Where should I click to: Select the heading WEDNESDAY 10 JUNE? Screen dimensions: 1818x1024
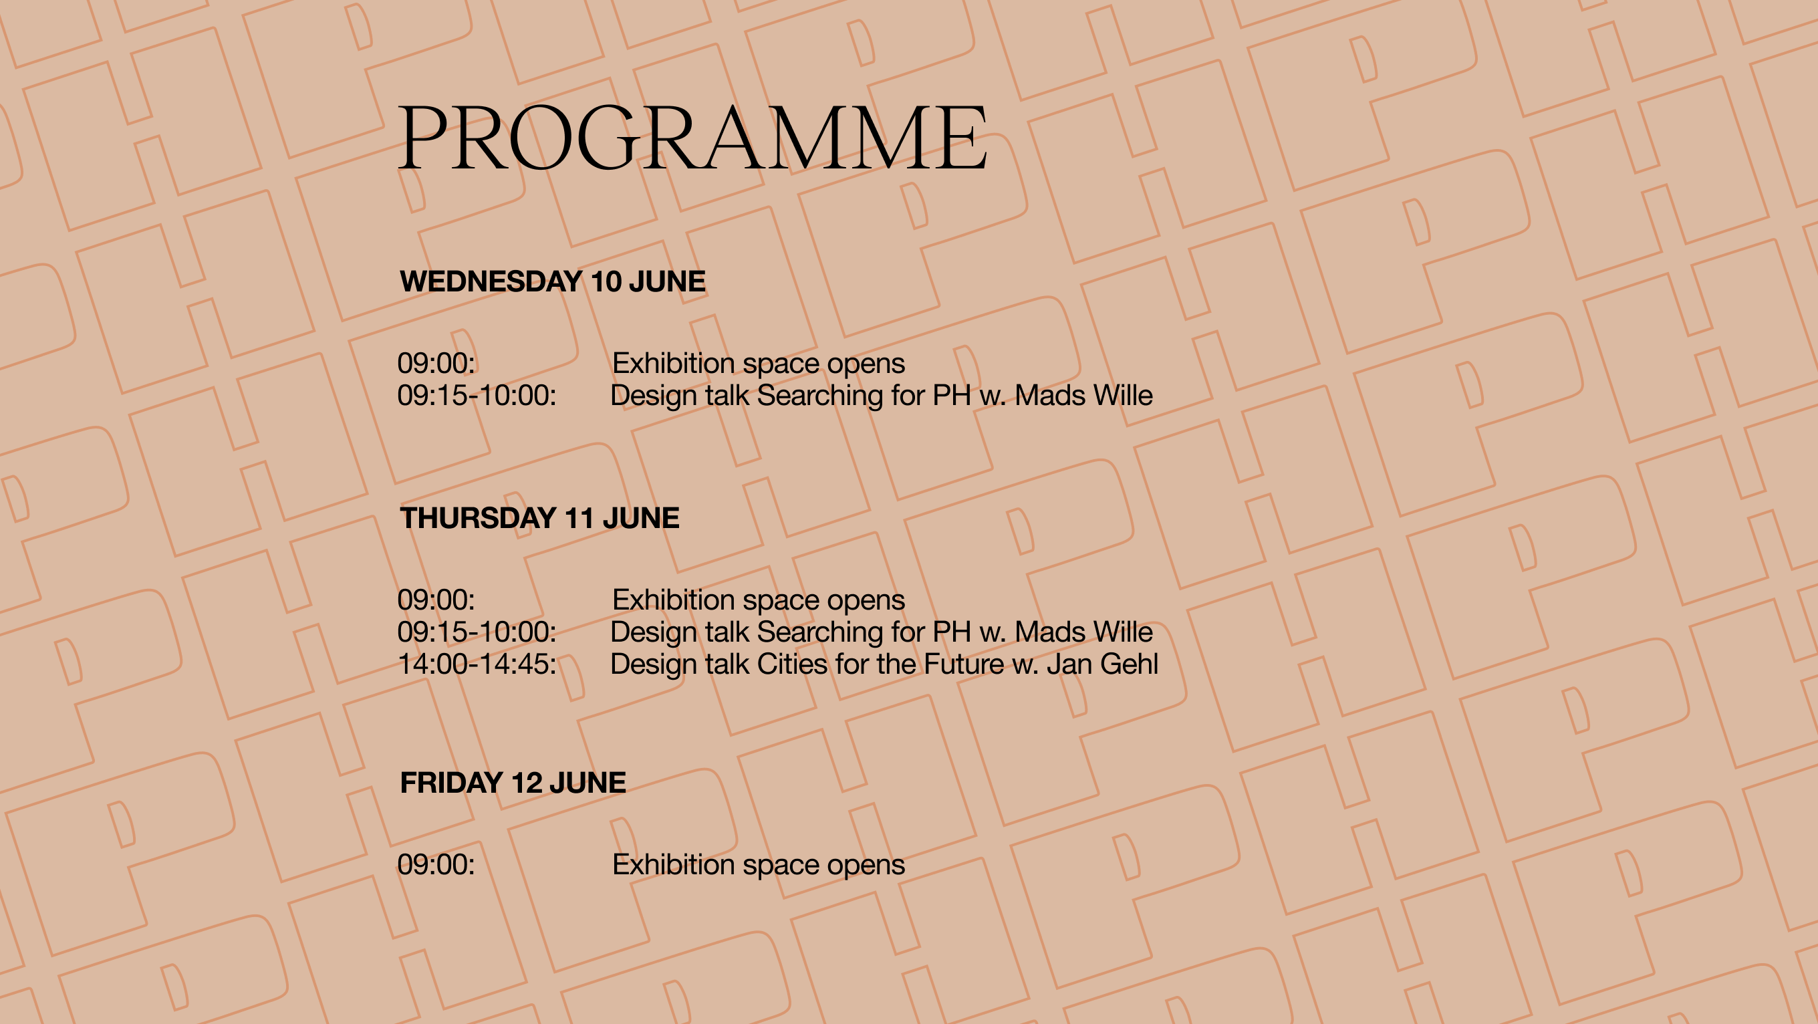click(553, 281)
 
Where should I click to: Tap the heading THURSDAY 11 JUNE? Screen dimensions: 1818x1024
click(540, 518)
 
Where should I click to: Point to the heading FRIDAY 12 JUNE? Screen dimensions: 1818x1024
click(513, 783)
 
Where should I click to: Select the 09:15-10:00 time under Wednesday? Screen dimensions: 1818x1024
click(477, 396)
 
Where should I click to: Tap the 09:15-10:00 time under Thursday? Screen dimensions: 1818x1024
click(477, 632)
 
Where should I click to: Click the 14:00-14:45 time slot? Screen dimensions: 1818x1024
click(477, 665)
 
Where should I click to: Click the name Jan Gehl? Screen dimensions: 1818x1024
click(1102, 665)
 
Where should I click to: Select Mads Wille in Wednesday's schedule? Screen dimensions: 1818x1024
click(1084, 396)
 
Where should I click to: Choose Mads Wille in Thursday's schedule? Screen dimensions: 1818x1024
click(1084, 632)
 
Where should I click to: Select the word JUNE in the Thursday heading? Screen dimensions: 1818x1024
click(641, 518)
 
